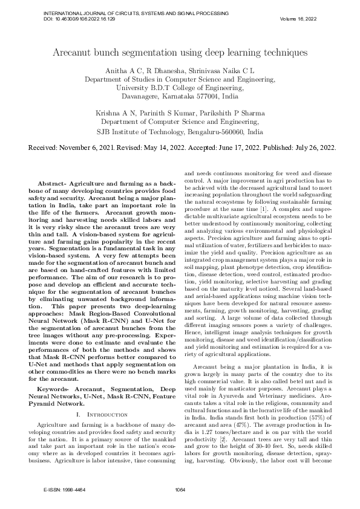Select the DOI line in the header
point(79,19)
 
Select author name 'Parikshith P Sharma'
point(229,113)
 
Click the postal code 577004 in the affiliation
point(204,96)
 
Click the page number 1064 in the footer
point(180,490)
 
